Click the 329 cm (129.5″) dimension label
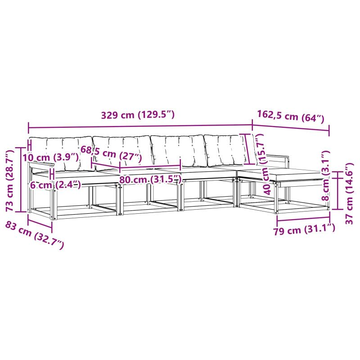(x=138, y=115)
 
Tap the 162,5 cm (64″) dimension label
(x=291, y=117)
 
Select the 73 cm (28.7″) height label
(x=10, y=181)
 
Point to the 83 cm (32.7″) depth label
(x=35, y=235)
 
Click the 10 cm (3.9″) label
(x=50, y=157)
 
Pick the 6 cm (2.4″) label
(x=55, y=185)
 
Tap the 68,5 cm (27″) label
(x=111, y=153)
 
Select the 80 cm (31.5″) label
(x=150, y=180)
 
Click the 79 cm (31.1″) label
(x=304, y=229)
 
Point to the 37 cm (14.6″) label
(x=350, y=193)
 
